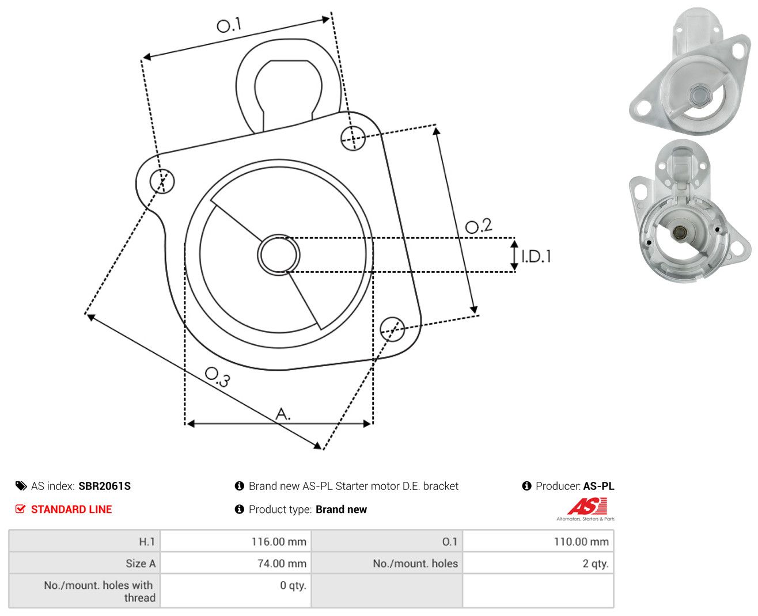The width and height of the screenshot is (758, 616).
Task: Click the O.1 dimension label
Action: (x=229, y=25)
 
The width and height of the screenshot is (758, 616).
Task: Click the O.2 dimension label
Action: (x=479, y=226)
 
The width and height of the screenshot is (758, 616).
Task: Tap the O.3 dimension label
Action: (x=218, y=377)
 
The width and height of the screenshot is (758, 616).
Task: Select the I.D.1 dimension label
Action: (x=536, y=256)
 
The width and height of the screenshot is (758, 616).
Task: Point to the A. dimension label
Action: (x=283, y=413)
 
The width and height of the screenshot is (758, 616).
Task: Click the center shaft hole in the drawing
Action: (x=279, y=254)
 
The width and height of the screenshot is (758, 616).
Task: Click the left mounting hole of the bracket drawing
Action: (x=162, y=181)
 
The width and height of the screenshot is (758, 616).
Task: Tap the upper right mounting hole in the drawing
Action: (x=353, y=138)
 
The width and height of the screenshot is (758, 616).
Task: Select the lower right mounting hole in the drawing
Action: (x=392, y=329)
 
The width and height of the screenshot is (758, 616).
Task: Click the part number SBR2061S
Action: (x=105, y=486)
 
